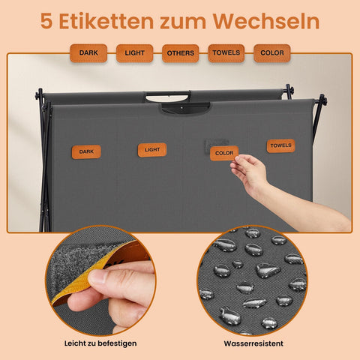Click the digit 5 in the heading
pos(46,21)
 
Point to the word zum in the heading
pos(185,21)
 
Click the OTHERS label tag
pos(180,53)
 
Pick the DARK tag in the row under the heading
pos(88,53)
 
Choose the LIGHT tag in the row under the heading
pos(134,53)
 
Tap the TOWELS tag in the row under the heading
pos(226,53)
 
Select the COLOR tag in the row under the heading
pos(272,53)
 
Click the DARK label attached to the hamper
pos(86,151)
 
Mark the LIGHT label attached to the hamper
pos(152,150)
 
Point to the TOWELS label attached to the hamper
pos(280,145)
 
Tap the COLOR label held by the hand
pos(224,153)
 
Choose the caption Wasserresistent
pos(253,343)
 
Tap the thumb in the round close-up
pos(105,281)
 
